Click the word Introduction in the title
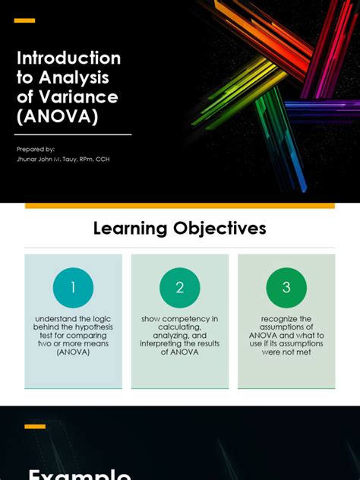click(x=68, y=58)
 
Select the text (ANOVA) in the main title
click(x=58, y=117)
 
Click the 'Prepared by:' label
click(x=36, y=149)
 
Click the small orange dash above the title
click(x=24, y=21)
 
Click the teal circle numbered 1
click(x=73, y=288)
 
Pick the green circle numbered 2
click(x=180, y=288)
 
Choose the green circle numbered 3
click(x=286, y=288)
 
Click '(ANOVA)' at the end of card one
click(x=73, y=352)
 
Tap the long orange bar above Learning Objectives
click(x=180, y=206)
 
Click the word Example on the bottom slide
click(x=80, y=472)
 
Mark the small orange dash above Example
click(x=35, y=427)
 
